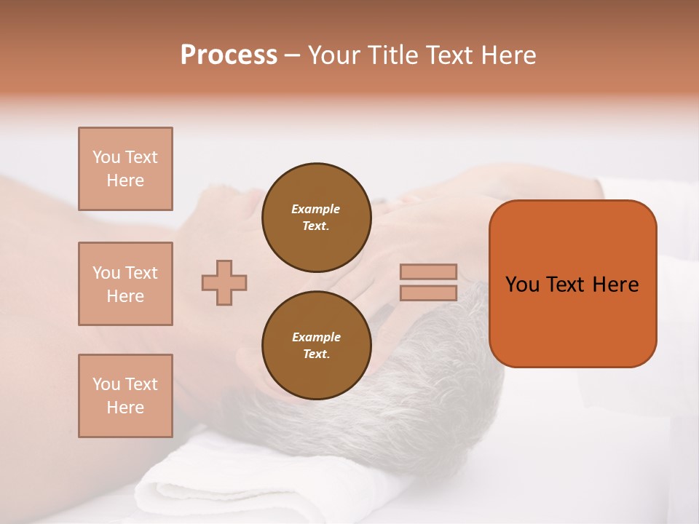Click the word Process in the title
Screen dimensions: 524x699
click(229, 55)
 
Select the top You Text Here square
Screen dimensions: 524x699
click(125, 169)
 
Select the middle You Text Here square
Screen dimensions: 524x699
click(125, 284)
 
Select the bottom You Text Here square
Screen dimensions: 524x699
click(125, 395)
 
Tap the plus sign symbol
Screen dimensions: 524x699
click(224, 282)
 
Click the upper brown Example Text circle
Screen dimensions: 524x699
click(316, 218)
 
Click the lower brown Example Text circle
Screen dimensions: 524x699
click(316, 346)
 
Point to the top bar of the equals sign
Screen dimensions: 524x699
click(428, 271)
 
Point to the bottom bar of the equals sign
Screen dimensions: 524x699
click(428, 293)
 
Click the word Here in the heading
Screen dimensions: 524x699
click(508, 55)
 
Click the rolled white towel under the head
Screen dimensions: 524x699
click(218, 480)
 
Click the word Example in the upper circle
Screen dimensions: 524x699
click(316, 209)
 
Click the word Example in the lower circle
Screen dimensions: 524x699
click(316, 337)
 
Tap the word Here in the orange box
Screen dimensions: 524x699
click(615, 285)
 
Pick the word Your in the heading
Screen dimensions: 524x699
click(333, 55)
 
